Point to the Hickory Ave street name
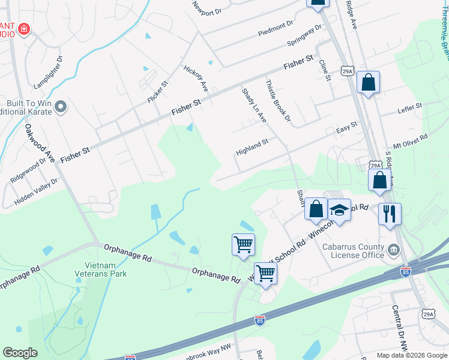(x=195, y=79)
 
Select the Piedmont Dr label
(x=275, y=27)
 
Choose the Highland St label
(x=252, y=147)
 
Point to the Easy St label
(x=346, y=128)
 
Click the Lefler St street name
(x=410, y=109)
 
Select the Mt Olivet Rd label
(x=411, y=142)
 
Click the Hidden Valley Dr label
(x=36, y=191)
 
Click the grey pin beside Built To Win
(x=60, y=107)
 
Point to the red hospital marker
(x=23, y=28)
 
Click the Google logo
(x=20, y=353)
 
